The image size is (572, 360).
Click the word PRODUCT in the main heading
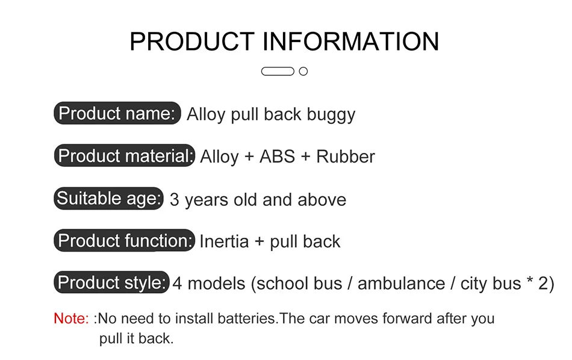(192, 41)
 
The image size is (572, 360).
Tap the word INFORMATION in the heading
(351, 41)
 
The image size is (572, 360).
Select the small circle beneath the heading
(303, 72)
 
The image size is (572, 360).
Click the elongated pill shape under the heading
(278, 72)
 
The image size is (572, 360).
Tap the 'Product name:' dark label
(117, 113)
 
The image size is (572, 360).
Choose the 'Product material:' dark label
(125, 155)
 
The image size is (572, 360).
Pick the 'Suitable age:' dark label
(109, 199)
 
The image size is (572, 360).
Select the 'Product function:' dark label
(125, 240)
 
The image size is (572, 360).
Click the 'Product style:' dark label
(111, 282)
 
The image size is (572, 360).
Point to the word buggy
(331, 115)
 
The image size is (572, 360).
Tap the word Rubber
(346, 157)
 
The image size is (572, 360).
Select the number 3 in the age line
(175, 200)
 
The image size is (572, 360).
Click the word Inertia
(224, 242)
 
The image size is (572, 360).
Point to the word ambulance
(401, 284)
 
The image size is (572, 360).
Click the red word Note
(71, 318)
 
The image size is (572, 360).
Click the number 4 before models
(177, 284)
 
